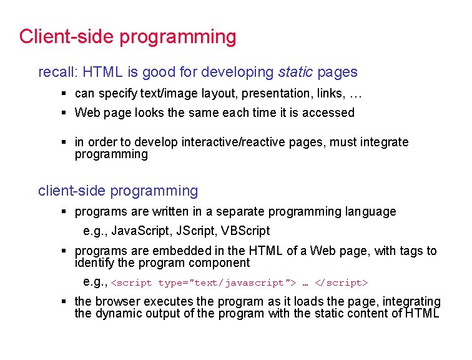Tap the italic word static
pos(295,72)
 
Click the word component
pos(219,263)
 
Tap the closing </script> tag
pos(342,283)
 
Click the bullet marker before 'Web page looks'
pos(64,113)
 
